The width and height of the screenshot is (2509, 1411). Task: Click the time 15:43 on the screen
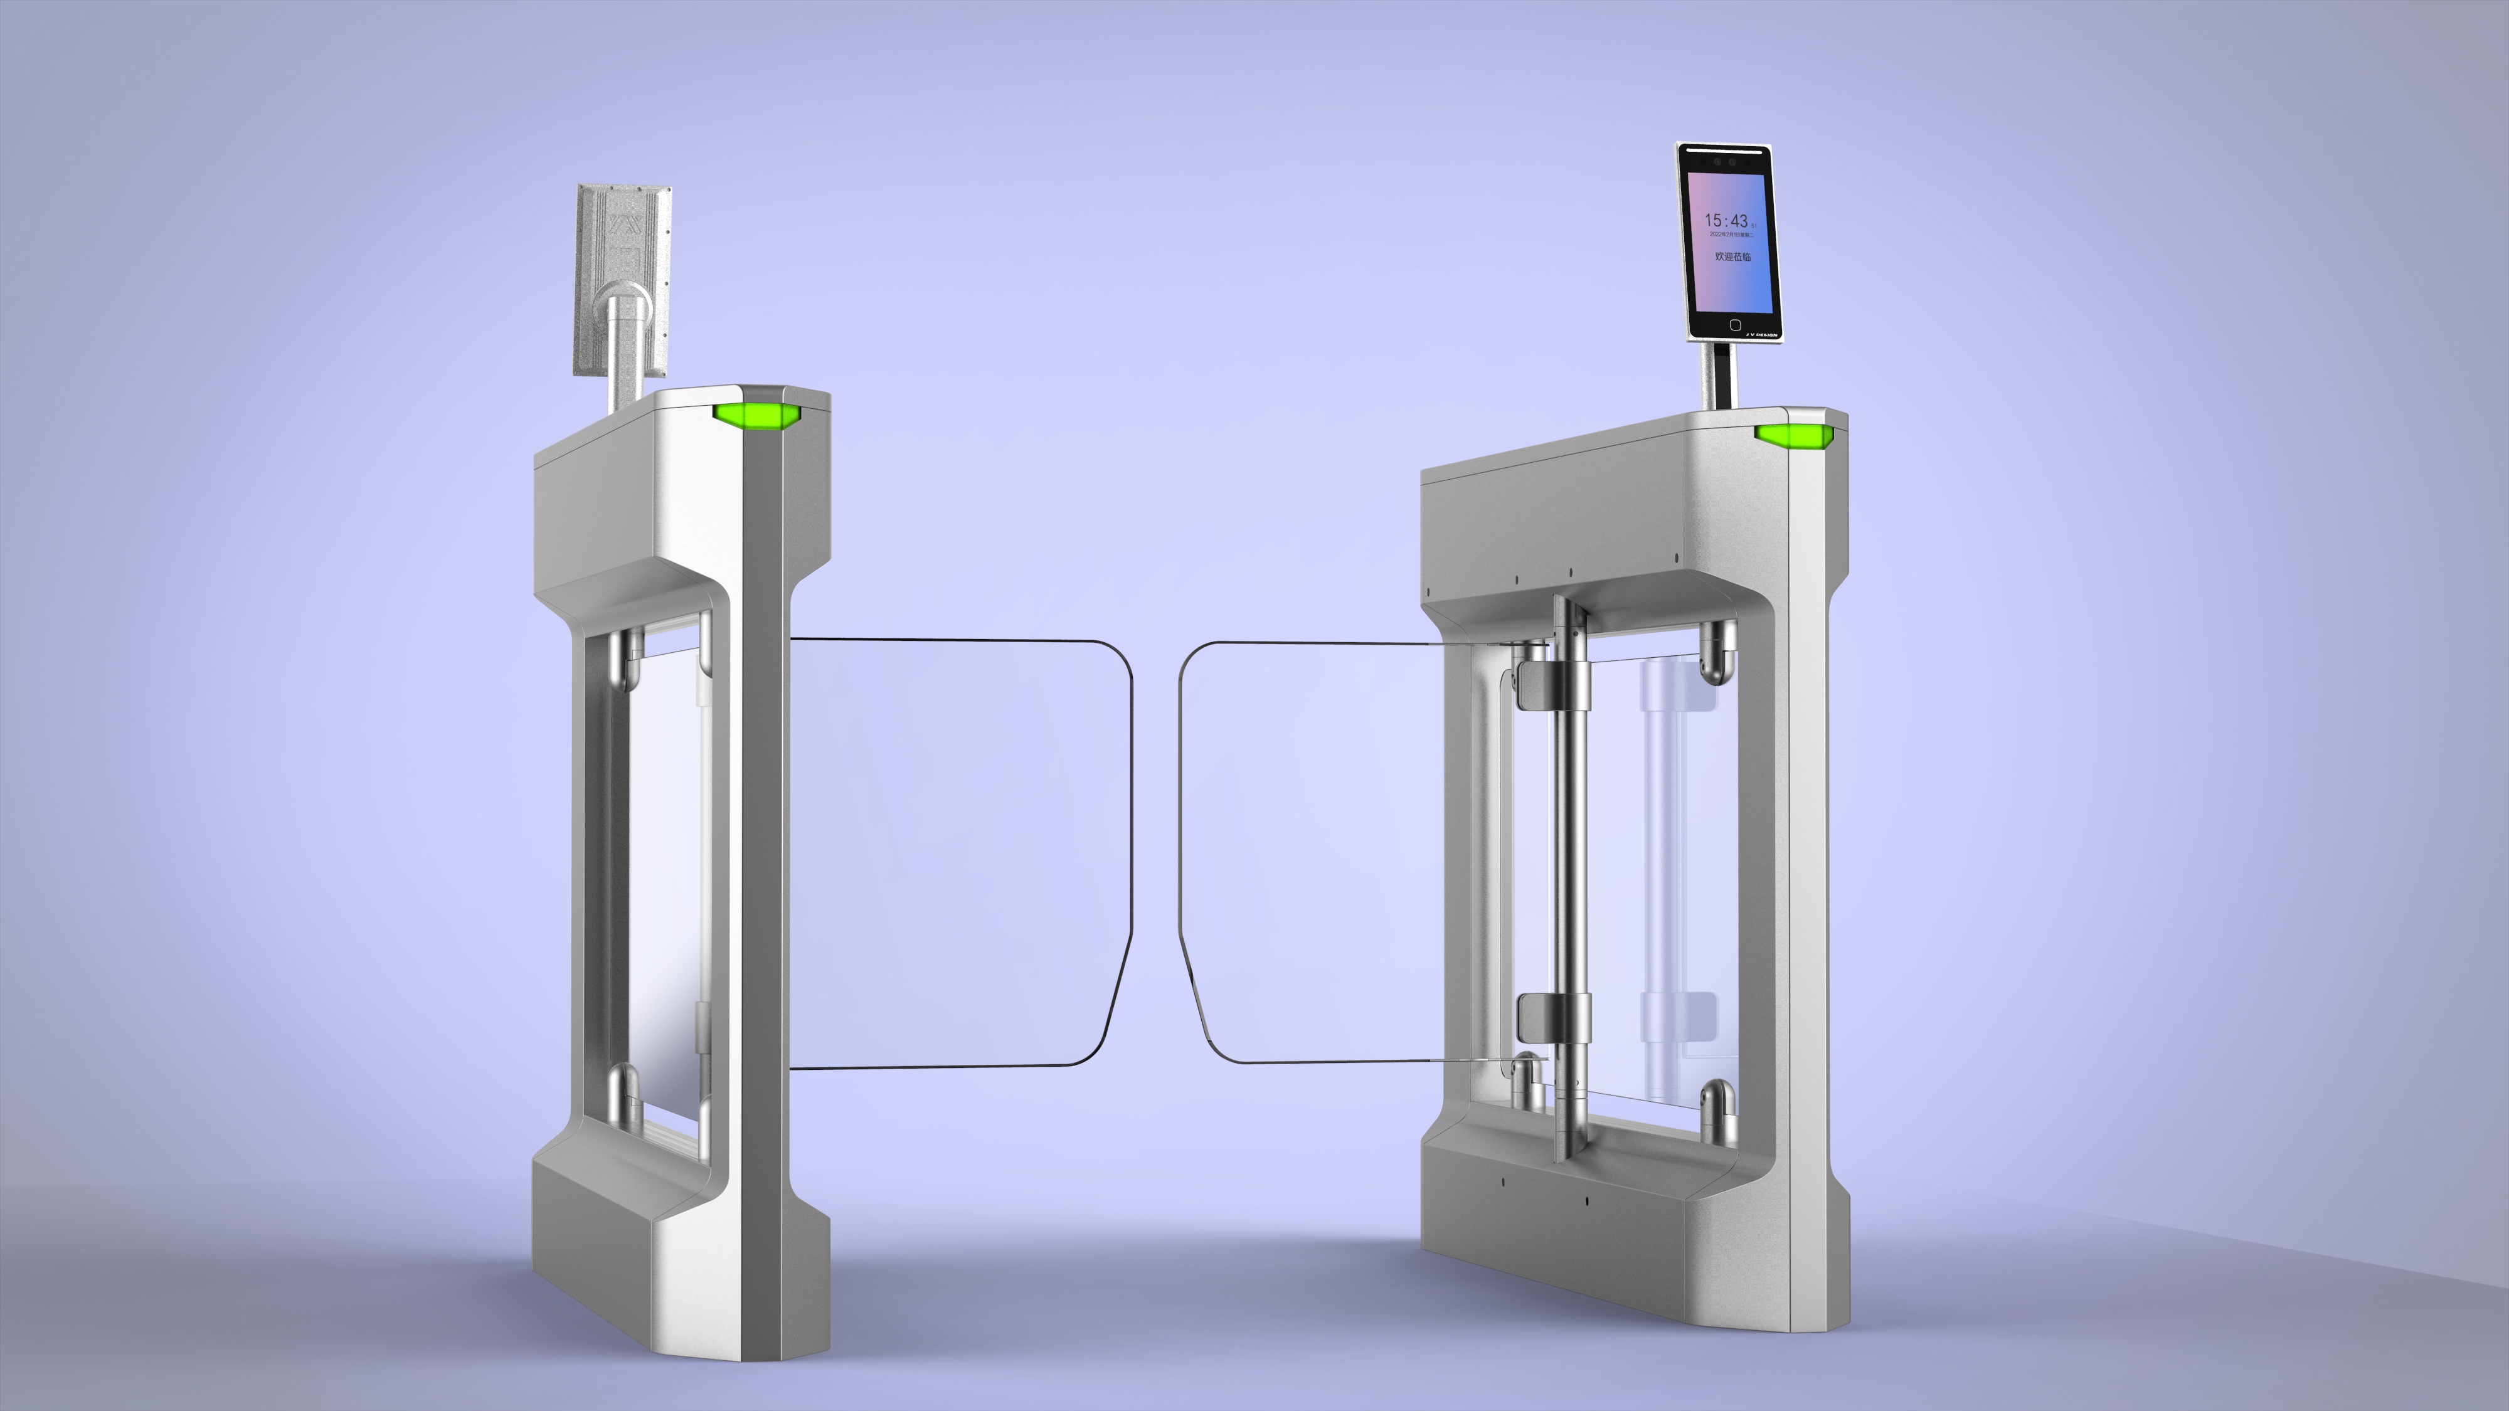1727,221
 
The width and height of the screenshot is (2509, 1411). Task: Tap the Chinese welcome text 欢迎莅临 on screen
1732,256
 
